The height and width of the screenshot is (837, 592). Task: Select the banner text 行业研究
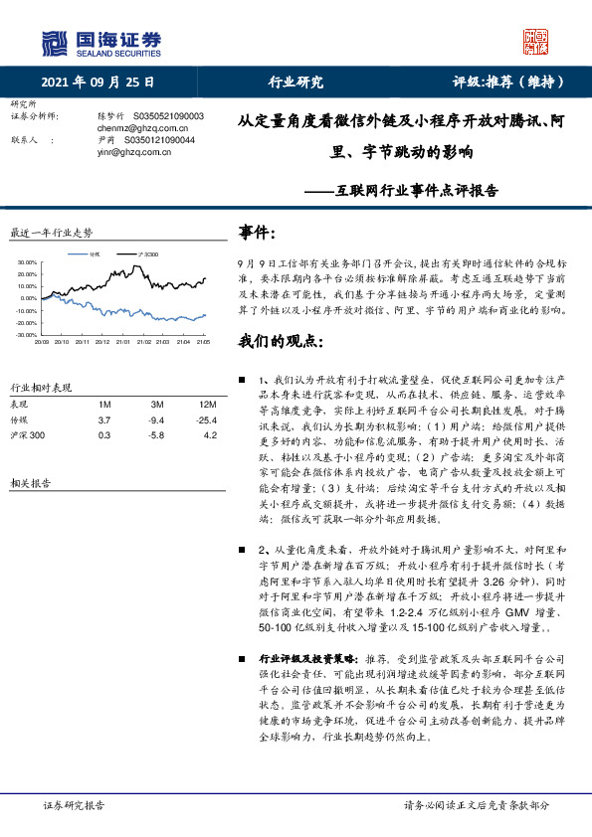pos(296,83)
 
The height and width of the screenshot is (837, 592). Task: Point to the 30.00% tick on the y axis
pos(27,262)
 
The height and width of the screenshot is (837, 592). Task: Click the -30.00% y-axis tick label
pos(27,336)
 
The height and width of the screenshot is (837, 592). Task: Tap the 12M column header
pos(207,406)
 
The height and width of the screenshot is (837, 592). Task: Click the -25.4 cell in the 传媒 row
pos(207,421)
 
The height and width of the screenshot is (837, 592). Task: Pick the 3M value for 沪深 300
pos(156,436)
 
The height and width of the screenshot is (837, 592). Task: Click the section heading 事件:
pos(258,232)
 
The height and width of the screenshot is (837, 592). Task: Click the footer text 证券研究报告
pos(75,805)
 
